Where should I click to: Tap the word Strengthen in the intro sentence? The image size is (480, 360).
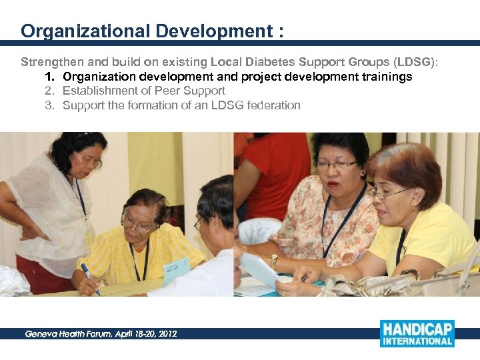tap(49, 62)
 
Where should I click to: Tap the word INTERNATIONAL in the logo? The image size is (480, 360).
tap(417, 342)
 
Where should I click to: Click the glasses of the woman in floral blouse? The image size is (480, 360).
tap(336, 165)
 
